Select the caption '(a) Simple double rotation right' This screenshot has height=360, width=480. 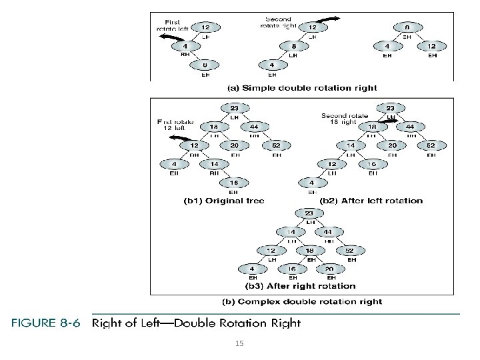click(302, 87)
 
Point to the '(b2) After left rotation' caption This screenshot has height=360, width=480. click(371, 200)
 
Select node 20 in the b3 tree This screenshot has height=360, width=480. click(329, 269)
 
